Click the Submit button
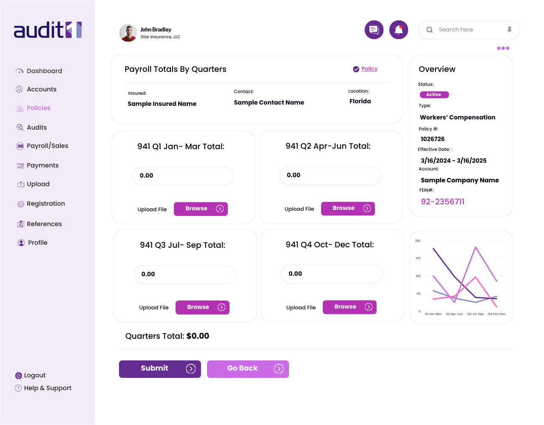pyautogui.click(x=160, y=369)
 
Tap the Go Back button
pyautogui.click(x=248, y=369)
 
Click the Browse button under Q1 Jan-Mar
pyautogui.click(x=201, y=209)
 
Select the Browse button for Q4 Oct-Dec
pyautogui.click(x=349, y=307)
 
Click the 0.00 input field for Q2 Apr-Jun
pyautogui.click(x=330, y=176)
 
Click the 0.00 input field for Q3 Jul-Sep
pyautogui.click(x=184, y=275)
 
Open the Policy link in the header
pyautogui.click(x=369, y=69)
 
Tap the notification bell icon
pyautogui.click(x=399, y=30)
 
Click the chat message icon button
pyautogui.click(x=374, y=30)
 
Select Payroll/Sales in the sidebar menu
pyautogui.click(x=47, y=146)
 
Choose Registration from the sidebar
pyautogui.click(x=45, y=204)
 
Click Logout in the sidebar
pyautogui.click(x=34, y=375)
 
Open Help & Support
pyautogui.click(x=48, y=388)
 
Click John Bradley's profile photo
pyautogui.click(x=128, y=33)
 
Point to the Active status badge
pyautogui.click(x=434, y=95)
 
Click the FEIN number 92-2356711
pyautogui.click(x=442, y=202)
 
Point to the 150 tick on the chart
pyautogui.click(x=418, y=258)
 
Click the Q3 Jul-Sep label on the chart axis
pyautogui.click(x=475, y=314)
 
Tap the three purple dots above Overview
pyautogui.click(x=503, y=48)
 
